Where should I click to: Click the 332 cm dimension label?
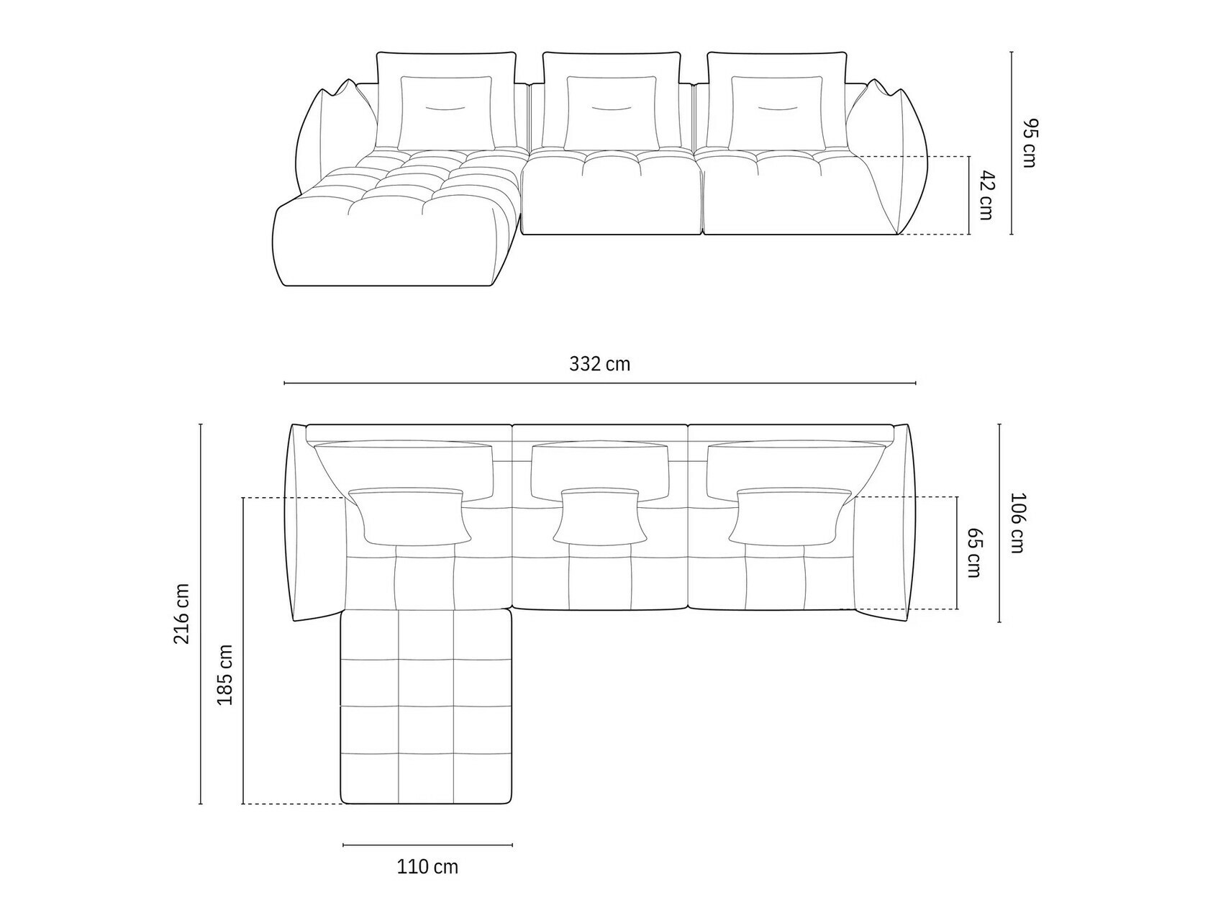point(599,364)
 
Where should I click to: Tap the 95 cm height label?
point(1028,142)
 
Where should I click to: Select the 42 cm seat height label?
point(986,195)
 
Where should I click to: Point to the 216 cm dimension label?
point(182,614)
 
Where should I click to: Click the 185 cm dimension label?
point(224,674)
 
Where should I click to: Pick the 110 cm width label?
point(427,867)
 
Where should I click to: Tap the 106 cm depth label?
point(1017,522)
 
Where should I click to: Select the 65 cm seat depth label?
point(974,553)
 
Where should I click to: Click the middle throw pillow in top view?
point(599,516)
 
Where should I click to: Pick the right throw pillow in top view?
point(788,516)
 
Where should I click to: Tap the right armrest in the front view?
point(892,151)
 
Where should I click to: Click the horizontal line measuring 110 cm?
point(427,845)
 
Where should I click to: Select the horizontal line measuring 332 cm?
point(599,383)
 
